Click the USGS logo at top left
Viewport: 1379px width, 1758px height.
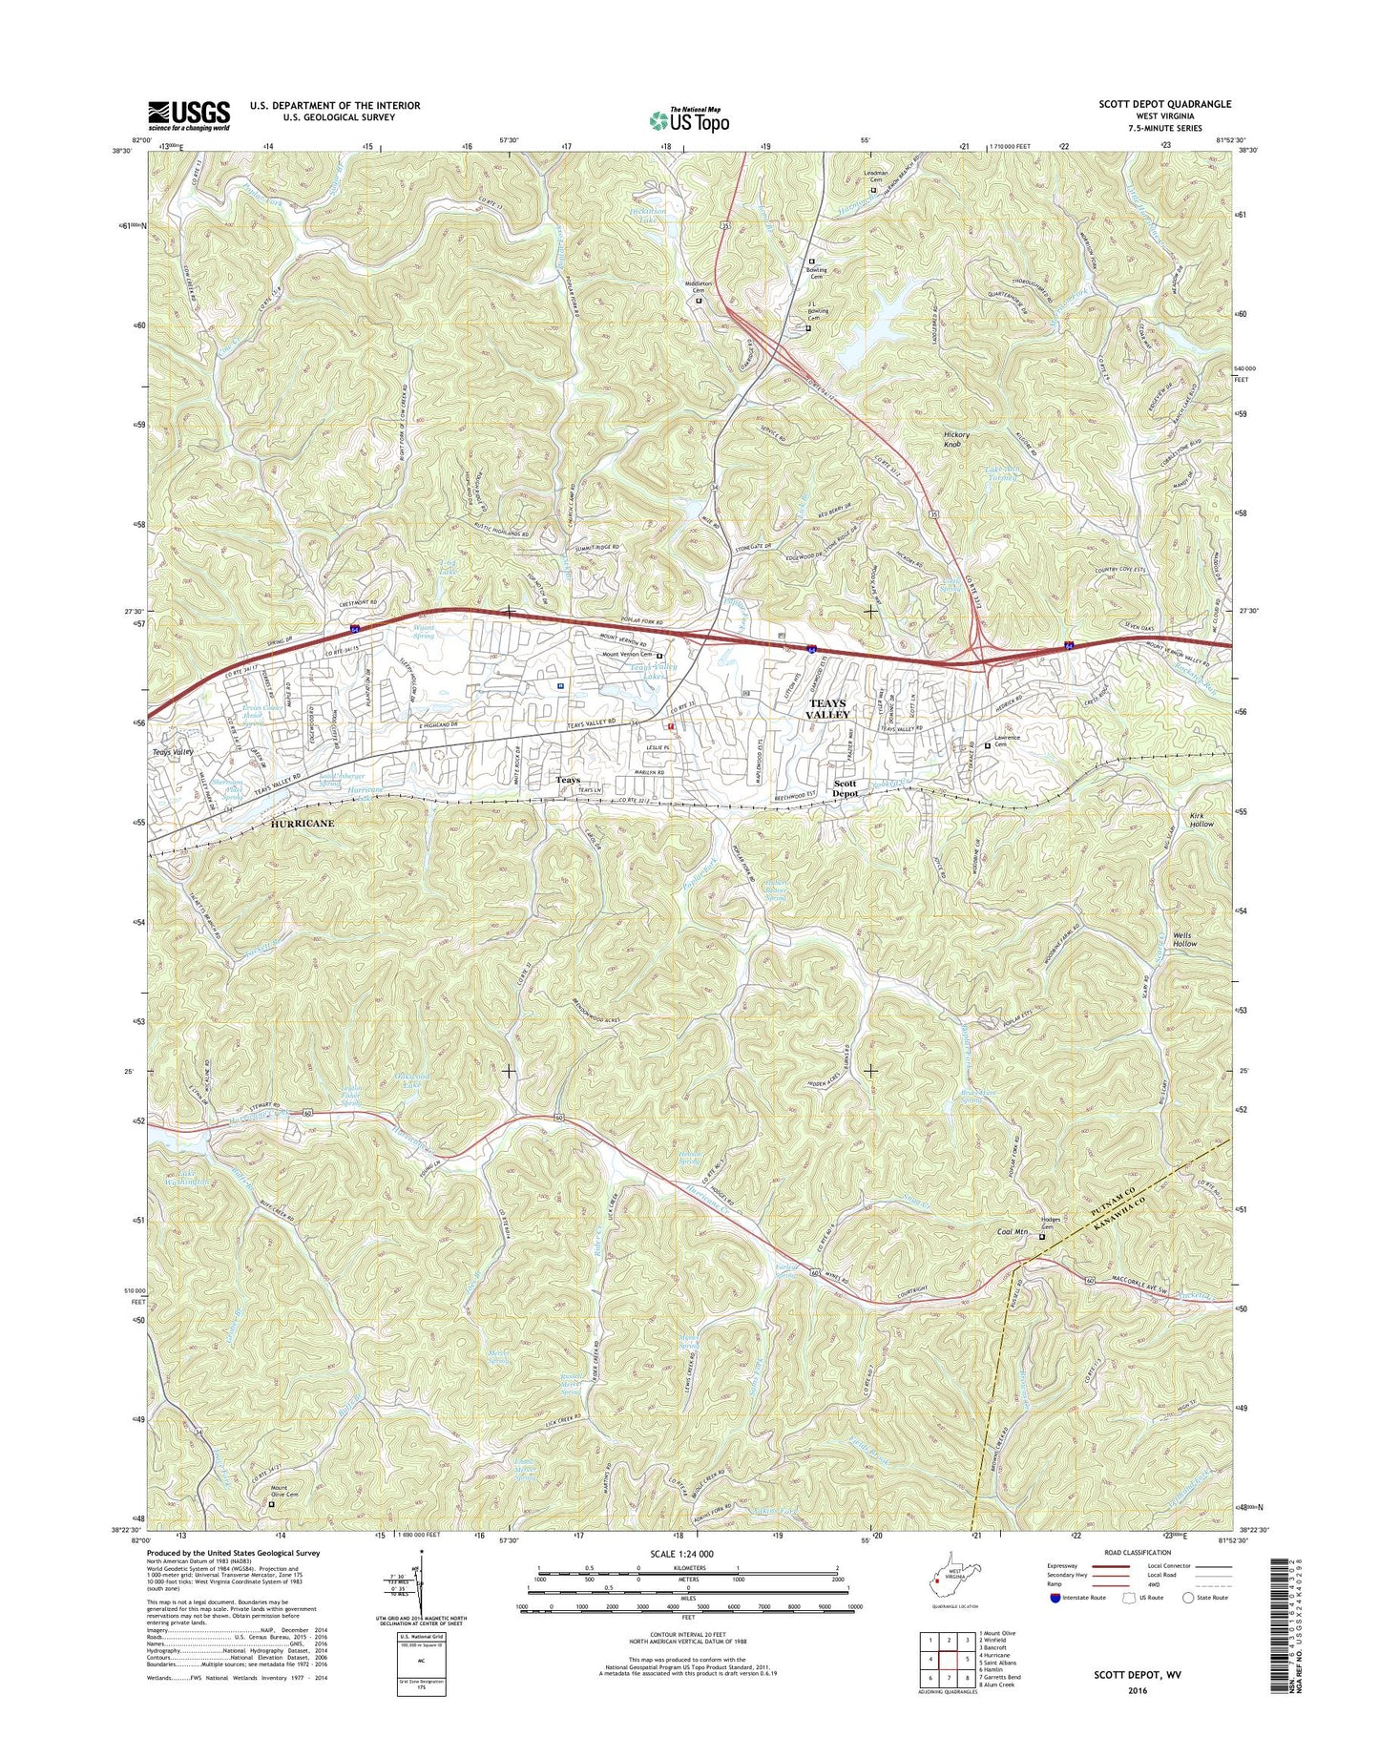coord(188,115)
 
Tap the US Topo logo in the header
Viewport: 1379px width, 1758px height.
coord(689,119)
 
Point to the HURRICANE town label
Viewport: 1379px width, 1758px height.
coord(303,823)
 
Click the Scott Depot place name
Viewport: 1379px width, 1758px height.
coord(845,787)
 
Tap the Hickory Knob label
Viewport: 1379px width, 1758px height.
coord(955,440)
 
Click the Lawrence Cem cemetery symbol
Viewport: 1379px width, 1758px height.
coord(988,745)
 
